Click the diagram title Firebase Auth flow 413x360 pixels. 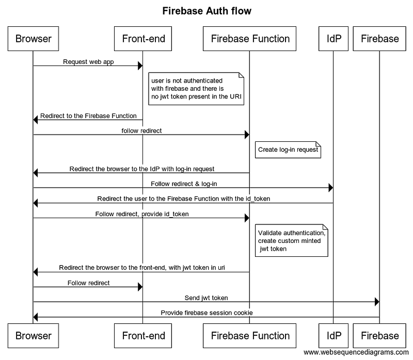click(x=206, y=11)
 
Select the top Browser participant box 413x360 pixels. click(x=34, y=38)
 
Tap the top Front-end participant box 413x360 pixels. click(x=144, y=38)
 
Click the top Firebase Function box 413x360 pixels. click(x=250, y=38)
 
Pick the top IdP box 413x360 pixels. click(x=333, y=38)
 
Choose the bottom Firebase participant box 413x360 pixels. click(x=380, y=336)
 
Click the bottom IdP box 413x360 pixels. click(x=333, y=336)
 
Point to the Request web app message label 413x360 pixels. click(x=88, y=62)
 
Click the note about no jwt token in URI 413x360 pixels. click(x=195, y=89)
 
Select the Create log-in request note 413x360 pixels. click(x=288, y=150)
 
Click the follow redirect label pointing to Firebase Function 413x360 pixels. click(x=141, y=130)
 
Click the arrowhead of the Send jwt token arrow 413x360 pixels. click(x=377, y=302)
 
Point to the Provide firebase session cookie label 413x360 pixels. click(x=206, y=313)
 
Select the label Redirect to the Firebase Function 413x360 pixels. click(x=88, y=116)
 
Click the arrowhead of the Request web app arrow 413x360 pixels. click(x=140, y=66)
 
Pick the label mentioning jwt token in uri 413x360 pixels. click(x=141, y=268)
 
